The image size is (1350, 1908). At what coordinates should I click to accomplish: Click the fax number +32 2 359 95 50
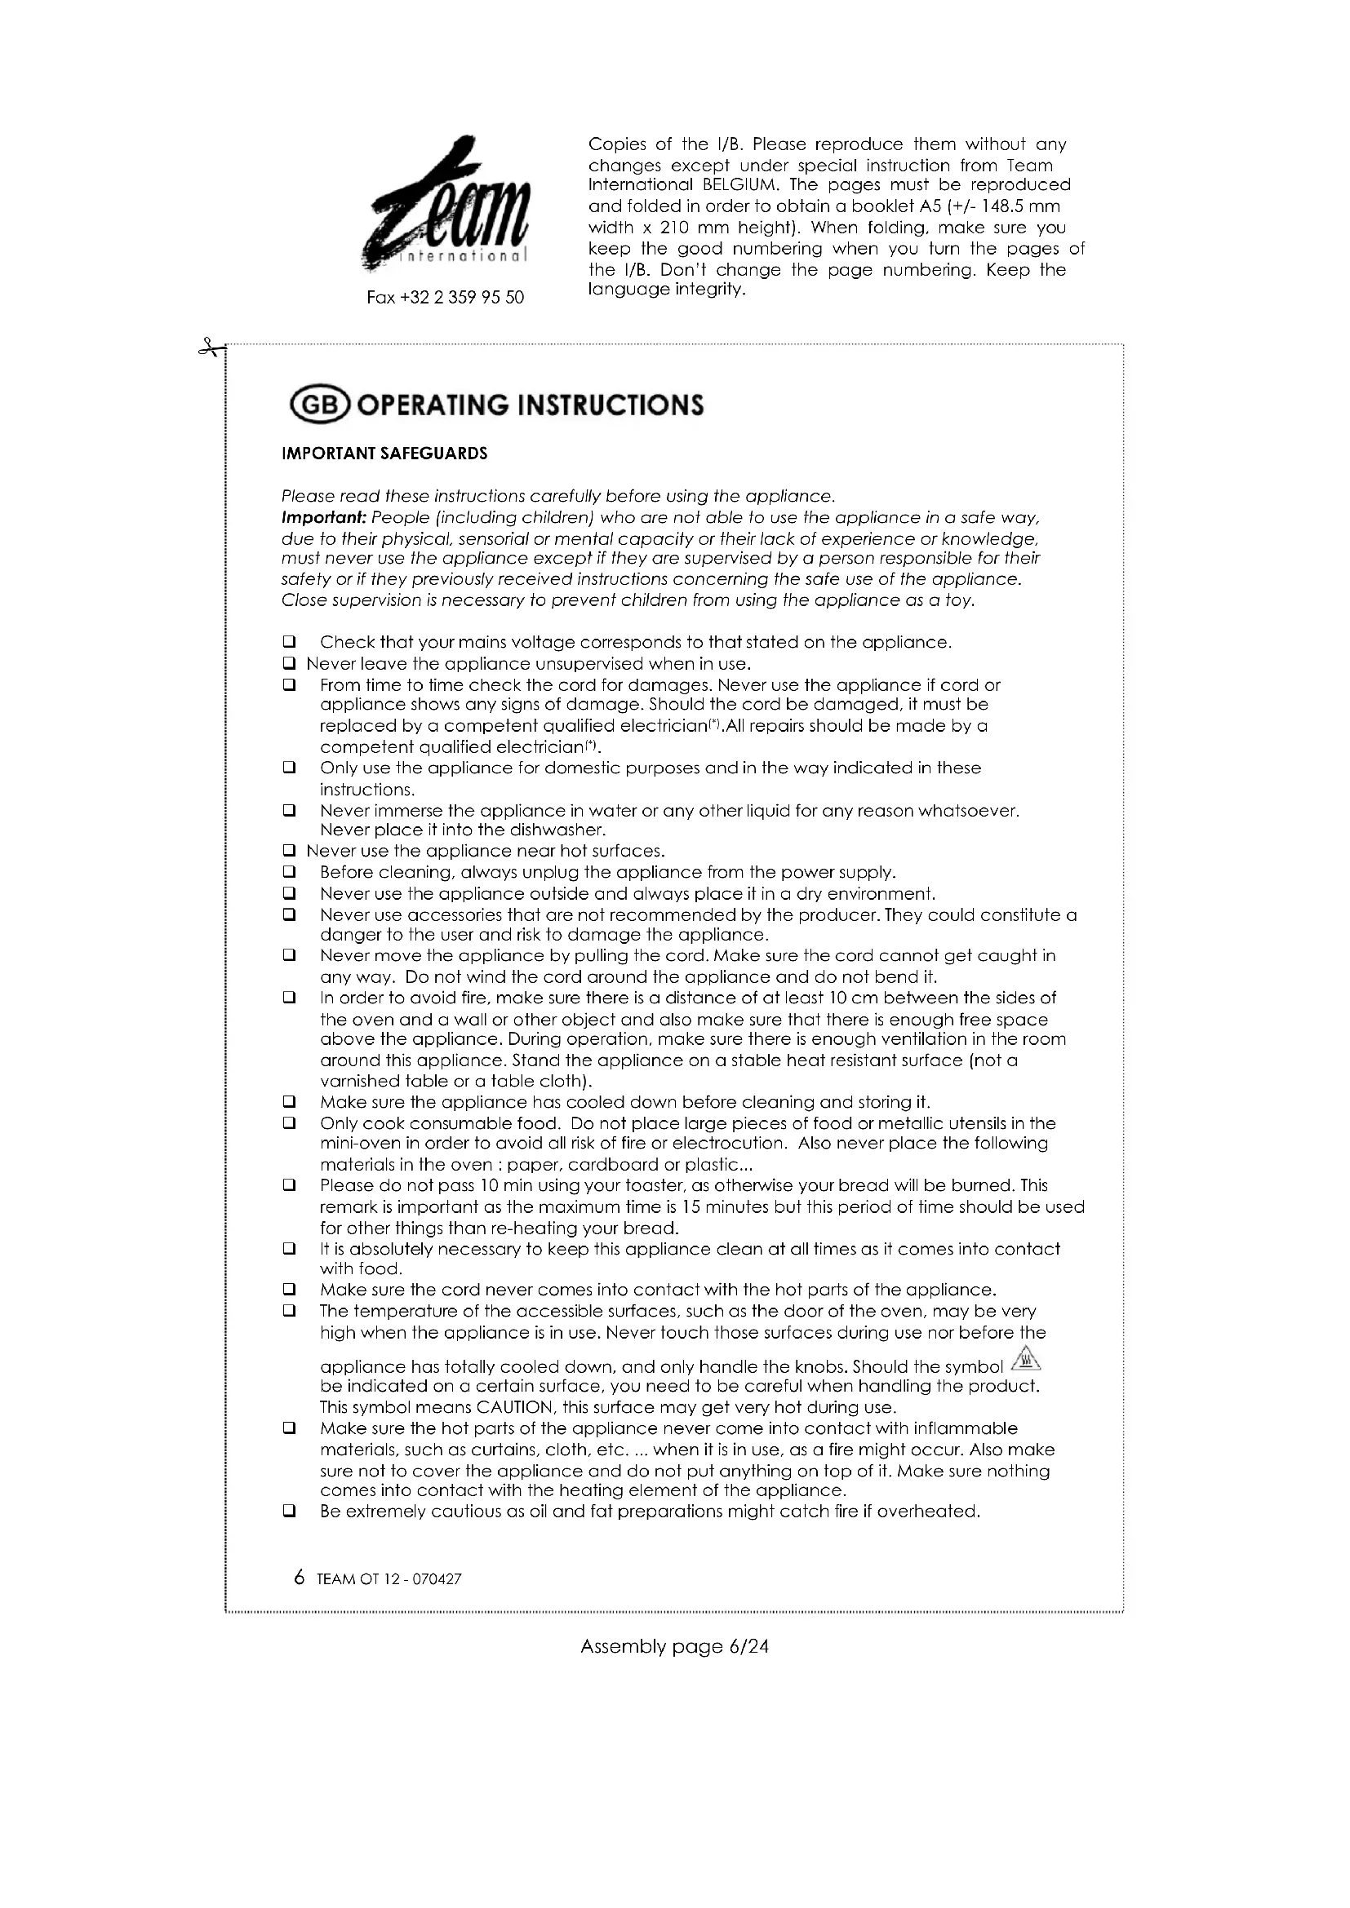[x=445, y=298]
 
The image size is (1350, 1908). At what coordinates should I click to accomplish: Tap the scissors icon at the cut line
[x=211, y=348]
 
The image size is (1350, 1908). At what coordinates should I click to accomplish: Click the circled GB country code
[x=321, y=405]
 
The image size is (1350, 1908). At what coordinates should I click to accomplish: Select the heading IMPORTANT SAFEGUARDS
[x=384, y=454]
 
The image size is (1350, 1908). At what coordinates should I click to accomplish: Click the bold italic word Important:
[x=323, y=518]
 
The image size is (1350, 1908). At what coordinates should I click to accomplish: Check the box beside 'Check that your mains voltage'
[x=289, y=642]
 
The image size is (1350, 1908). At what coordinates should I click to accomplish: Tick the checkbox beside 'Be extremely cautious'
[x=289, y=1512]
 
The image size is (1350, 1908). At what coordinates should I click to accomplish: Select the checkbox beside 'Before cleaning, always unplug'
[x=289, y=873]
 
